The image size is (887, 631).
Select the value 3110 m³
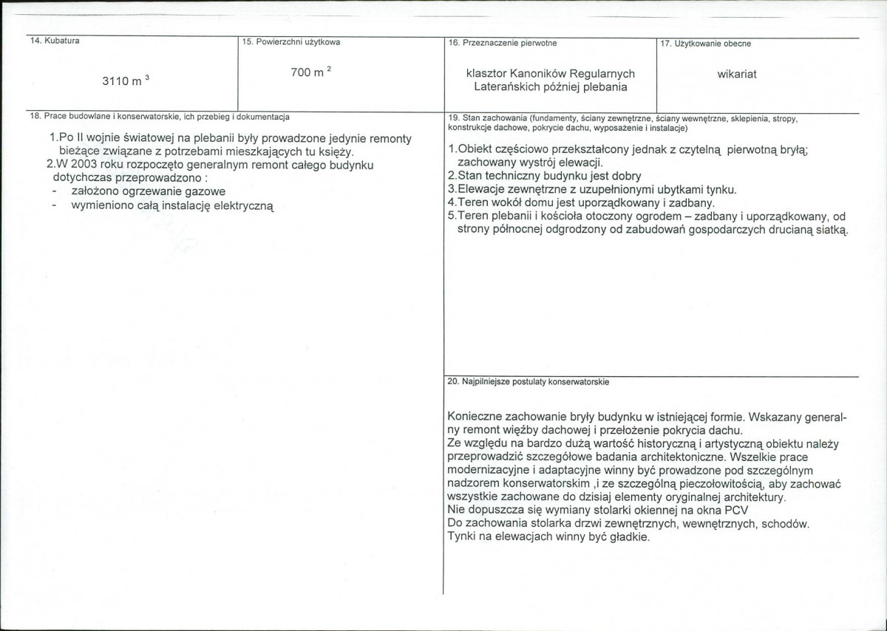126,81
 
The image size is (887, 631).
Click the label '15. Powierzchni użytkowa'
291,43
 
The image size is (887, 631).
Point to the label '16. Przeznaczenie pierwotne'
503,43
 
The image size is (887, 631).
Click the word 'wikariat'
737,74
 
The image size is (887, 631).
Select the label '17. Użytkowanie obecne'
705,44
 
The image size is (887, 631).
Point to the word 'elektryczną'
244,206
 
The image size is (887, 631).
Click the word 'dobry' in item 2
626,176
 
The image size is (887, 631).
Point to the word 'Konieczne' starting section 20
474,417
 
